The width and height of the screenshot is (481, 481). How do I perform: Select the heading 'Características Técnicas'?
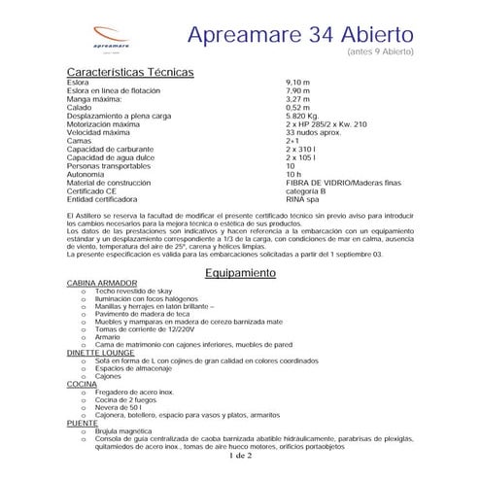130,73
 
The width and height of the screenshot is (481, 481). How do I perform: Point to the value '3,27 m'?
297,99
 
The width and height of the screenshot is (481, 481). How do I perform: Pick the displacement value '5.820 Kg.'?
303,115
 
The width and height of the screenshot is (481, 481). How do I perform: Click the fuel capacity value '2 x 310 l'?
302,148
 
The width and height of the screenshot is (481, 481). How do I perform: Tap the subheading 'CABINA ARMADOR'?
102,283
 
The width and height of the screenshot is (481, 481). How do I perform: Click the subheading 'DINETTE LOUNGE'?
102,354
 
